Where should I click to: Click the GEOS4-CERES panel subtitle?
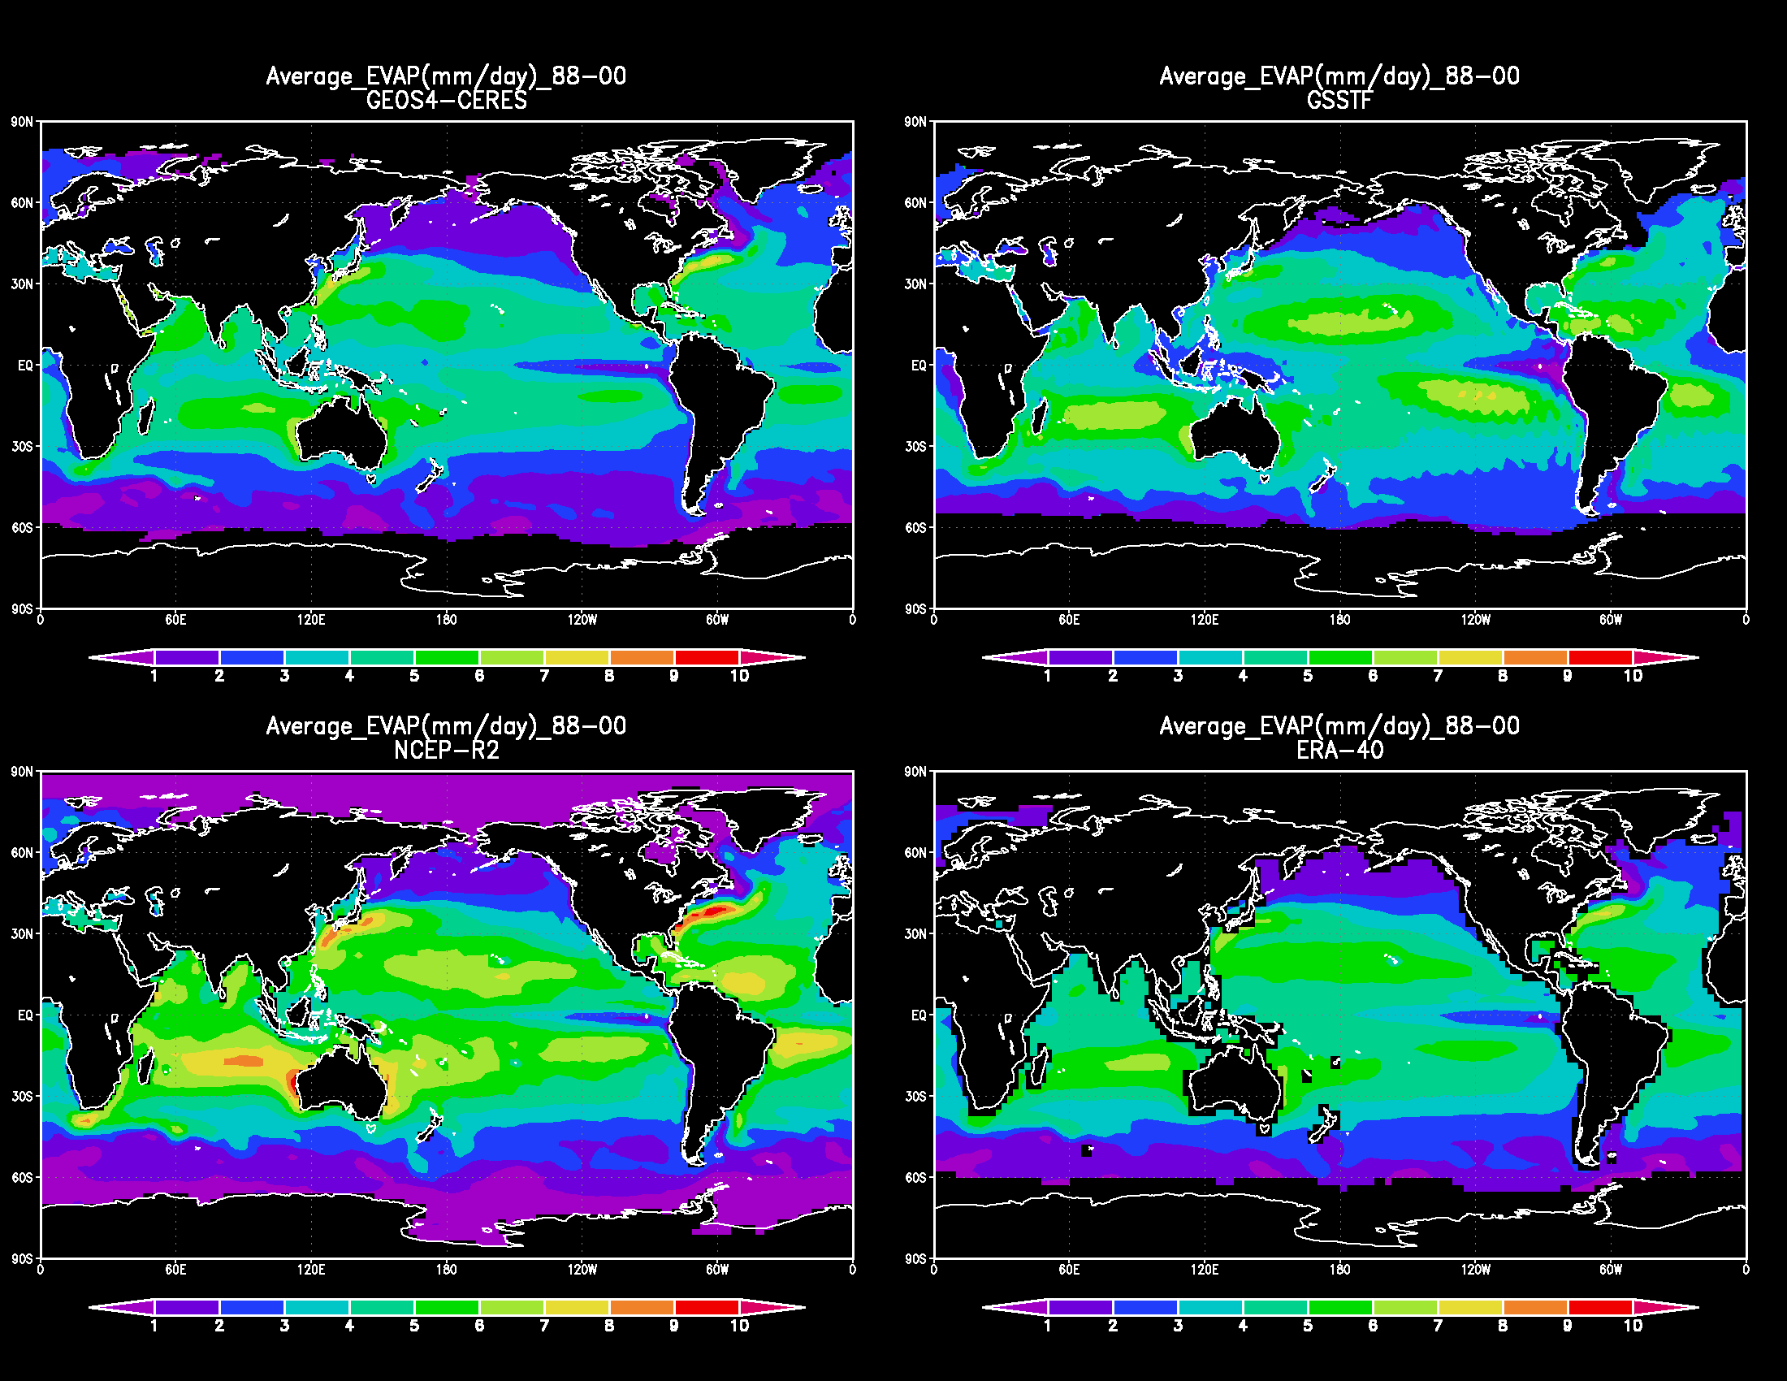446,101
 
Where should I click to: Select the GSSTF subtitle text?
1339,101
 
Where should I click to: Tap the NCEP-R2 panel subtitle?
446,751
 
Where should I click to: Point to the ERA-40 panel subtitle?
1339,751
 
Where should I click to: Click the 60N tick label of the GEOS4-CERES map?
22,203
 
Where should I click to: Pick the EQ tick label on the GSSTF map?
919,366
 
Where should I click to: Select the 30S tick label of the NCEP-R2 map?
22,1097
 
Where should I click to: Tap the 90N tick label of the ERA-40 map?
915,772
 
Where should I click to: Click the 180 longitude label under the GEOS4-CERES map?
446,620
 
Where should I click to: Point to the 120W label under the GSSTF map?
1475,620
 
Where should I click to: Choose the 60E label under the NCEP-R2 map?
175,1270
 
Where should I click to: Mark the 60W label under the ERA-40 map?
1610,1270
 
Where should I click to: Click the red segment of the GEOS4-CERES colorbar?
707,657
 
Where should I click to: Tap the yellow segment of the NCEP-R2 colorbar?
577,1306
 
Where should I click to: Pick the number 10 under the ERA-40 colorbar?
1633,1326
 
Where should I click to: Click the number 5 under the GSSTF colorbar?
1308,676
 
